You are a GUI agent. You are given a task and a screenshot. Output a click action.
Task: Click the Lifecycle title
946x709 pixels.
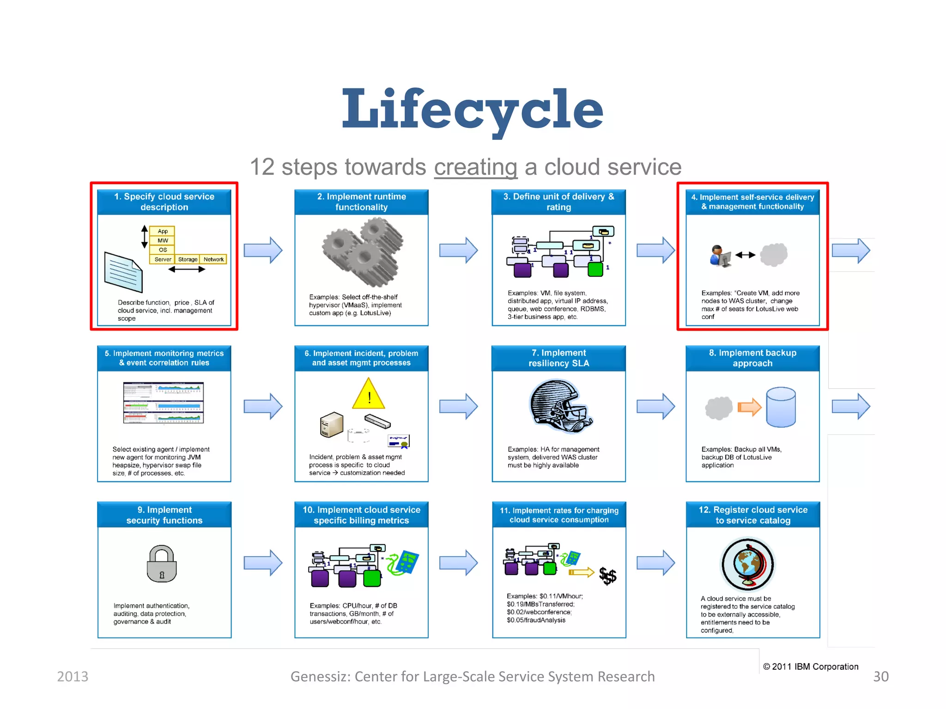click(472, 109)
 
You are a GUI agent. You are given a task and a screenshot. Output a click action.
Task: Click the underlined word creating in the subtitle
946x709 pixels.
click(475, 167)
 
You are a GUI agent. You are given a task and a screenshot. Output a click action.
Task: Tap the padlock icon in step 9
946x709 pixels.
click(162, 564)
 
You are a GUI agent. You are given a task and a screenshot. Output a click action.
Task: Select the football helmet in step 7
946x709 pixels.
click(559, 406)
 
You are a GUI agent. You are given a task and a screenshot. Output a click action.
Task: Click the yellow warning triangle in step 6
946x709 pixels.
click(369, 395)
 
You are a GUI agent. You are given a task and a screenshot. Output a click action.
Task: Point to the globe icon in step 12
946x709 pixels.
click(748, 564)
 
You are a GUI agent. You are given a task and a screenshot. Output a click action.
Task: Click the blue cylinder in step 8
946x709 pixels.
click(781, 407)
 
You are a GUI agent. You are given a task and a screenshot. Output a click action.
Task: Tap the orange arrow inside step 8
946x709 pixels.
click(749, 407)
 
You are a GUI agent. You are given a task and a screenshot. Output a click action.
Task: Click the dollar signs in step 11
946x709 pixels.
click(607, 576)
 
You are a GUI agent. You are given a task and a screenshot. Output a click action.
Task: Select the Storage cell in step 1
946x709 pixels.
click(188, 259)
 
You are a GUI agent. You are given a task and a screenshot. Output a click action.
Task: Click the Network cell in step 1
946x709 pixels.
click(213, 259)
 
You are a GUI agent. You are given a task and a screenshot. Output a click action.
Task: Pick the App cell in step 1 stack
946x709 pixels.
click(163, 231)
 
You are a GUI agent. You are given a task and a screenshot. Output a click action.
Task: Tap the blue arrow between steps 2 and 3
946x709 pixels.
click(458, 250)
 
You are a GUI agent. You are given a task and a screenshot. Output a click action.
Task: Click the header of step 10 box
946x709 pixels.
click(361, 515)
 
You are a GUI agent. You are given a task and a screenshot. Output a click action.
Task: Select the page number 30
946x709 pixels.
click(880, 676)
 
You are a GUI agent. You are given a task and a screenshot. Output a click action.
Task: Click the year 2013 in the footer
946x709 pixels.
click(73, 676)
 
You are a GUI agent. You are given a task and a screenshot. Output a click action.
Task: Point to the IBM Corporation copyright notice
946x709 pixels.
click(811, 667)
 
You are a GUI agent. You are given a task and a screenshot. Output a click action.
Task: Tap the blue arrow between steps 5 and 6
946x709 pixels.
click(263, 406)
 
